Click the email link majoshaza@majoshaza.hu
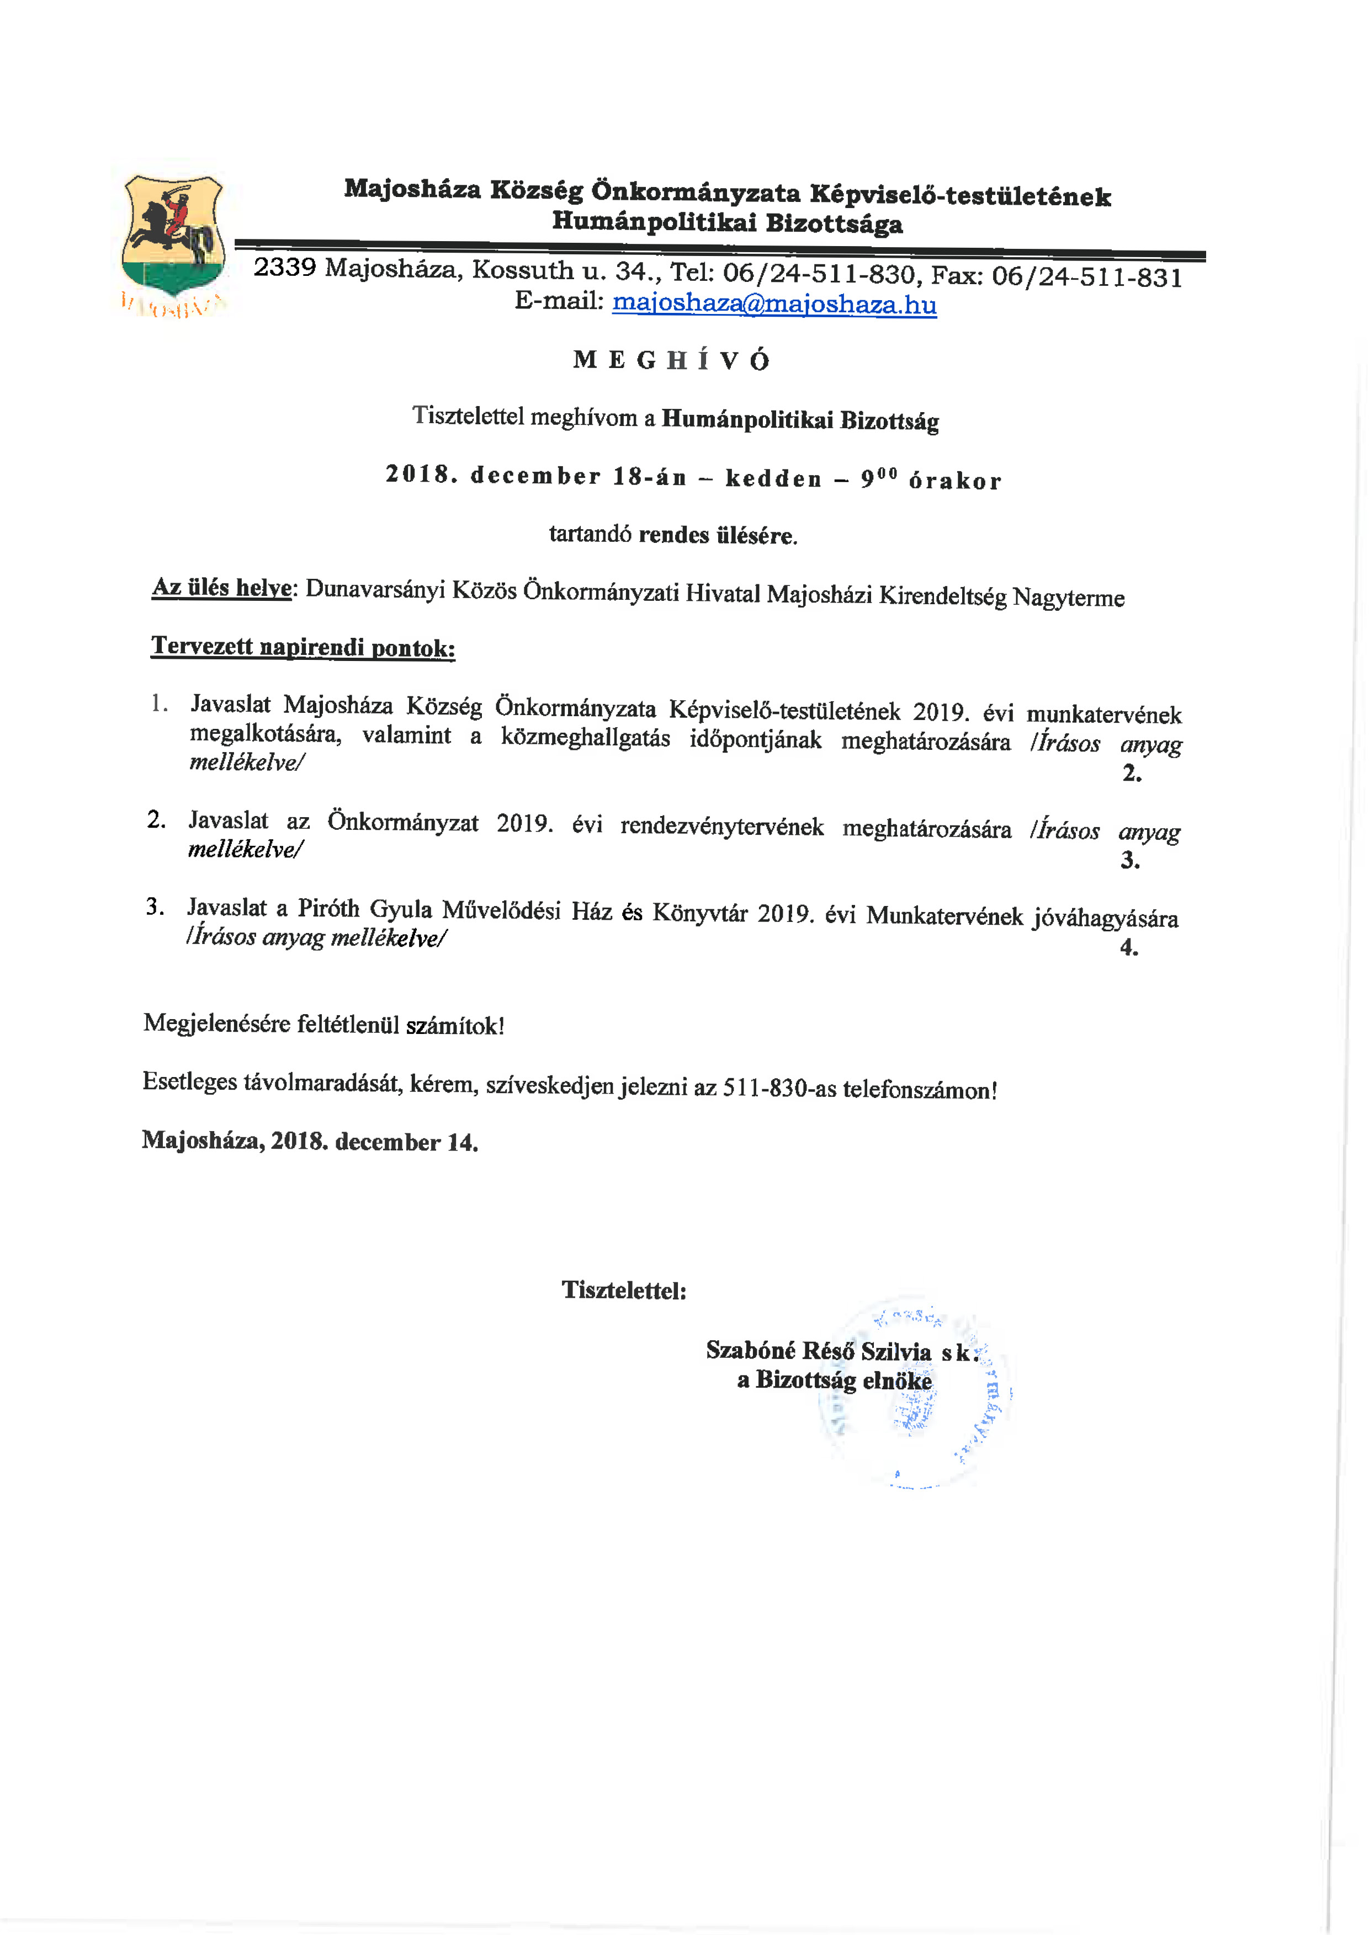774,303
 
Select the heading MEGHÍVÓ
672,361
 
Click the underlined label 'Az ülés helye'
222,588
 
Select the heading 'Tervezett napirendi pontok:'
303,647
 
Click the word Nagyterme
1068,598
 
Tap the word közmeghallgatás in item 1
585,738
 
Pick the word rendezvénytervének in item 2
721,826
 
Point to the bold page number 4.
1129,947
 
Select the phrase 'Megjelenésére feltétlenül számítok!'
323,1024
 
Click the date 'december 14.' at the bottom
406,1142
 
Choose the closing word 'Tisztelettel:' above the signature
624,1291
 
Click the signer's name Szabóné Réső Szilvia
818,1351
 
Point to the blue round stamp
915,1395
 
